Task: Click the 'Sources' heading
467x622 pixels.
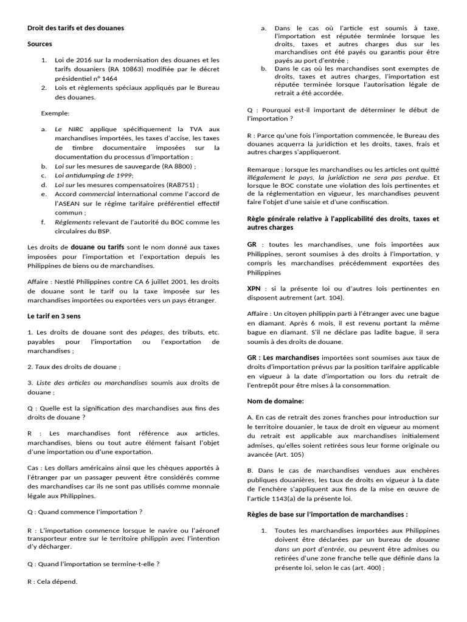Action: click(40, 44)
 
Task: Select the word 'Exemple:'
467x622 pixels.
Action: click(55, 113)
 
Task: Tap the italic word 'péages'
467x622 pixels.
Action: click(151, 333)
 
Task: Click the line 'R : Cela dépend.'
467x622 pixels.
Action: click(53, 581)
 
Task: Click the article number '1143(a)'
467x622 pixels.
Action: click(287, 498)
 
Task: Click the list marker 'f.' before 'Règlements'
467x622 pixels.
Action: click(43, 222)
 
